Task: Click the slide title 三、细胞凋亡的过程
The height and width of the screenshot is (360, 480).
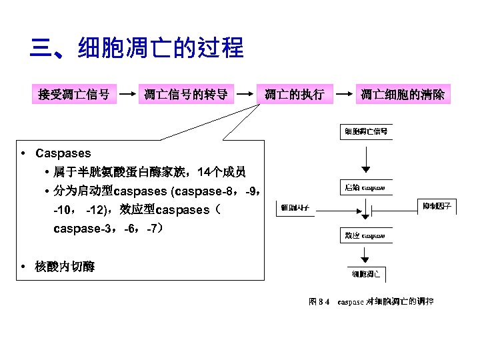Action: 137,49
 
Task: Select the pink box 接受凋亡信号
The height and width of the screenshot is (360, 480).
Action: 74,94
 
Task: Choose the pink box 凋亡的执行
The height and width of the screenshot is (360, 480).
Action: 294,94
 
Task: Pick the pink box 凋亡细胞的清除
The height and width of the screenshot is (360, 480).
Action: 405,94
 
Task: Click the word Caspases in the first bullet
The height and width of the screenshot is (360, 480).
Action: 63,153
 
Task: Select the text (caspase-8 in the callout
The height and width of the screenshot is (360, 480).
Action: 200,191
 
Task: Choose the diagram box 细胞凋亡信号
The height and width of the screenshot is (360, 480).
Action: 365,131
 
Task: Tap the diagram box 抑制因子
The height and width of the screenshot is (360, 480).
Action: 437,206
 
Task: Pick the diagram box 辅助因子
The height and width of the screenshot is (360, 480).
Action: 295,208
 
